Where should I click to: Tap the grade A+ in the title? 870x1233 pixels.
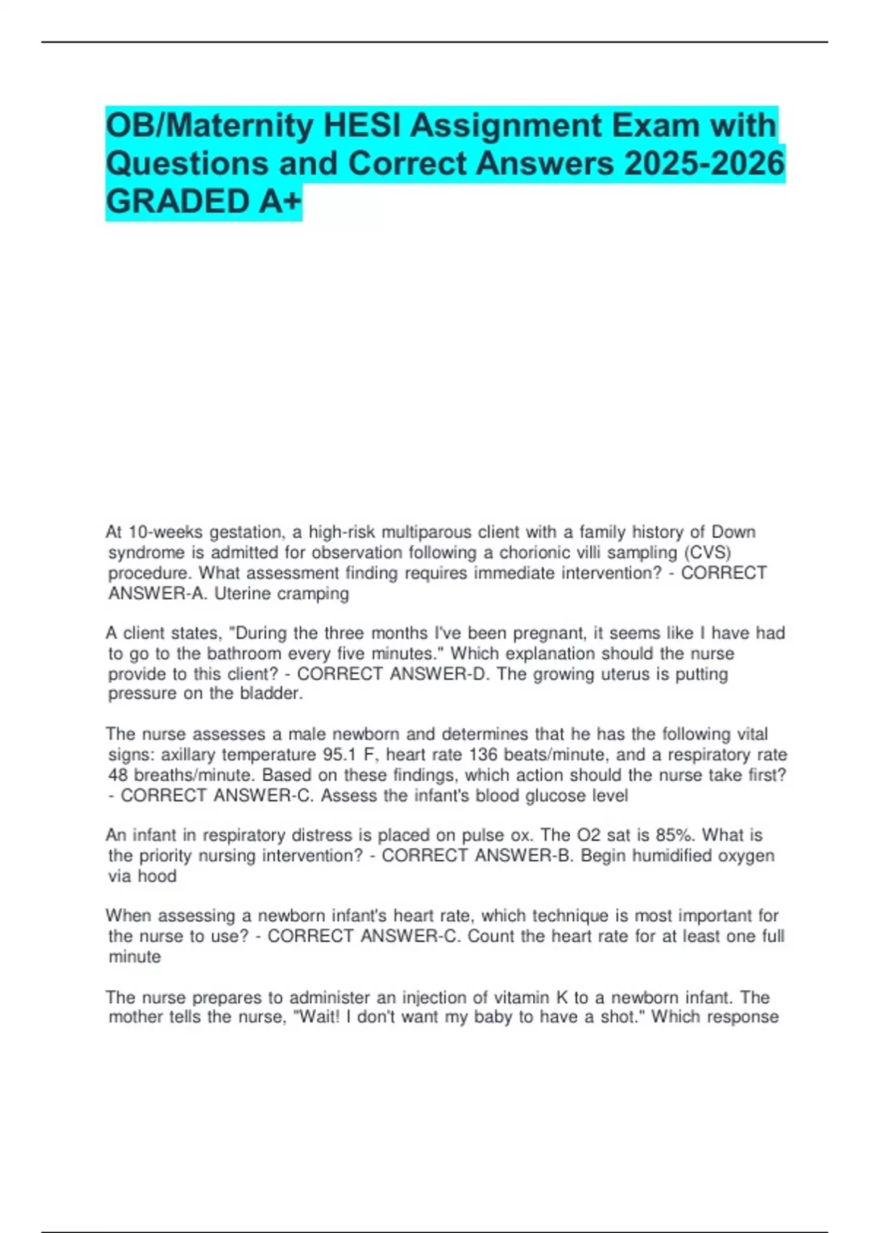coord(279,202)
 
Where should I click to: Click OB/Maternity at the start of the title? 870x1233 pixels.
coord(209,125)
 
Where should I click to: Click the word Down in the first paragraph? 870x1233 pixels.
coord(733,532)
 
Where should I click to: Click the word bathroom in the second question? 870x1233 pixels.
coord(244,653)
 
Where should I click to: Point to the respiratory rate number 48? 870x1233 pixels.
coord(118,775)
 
